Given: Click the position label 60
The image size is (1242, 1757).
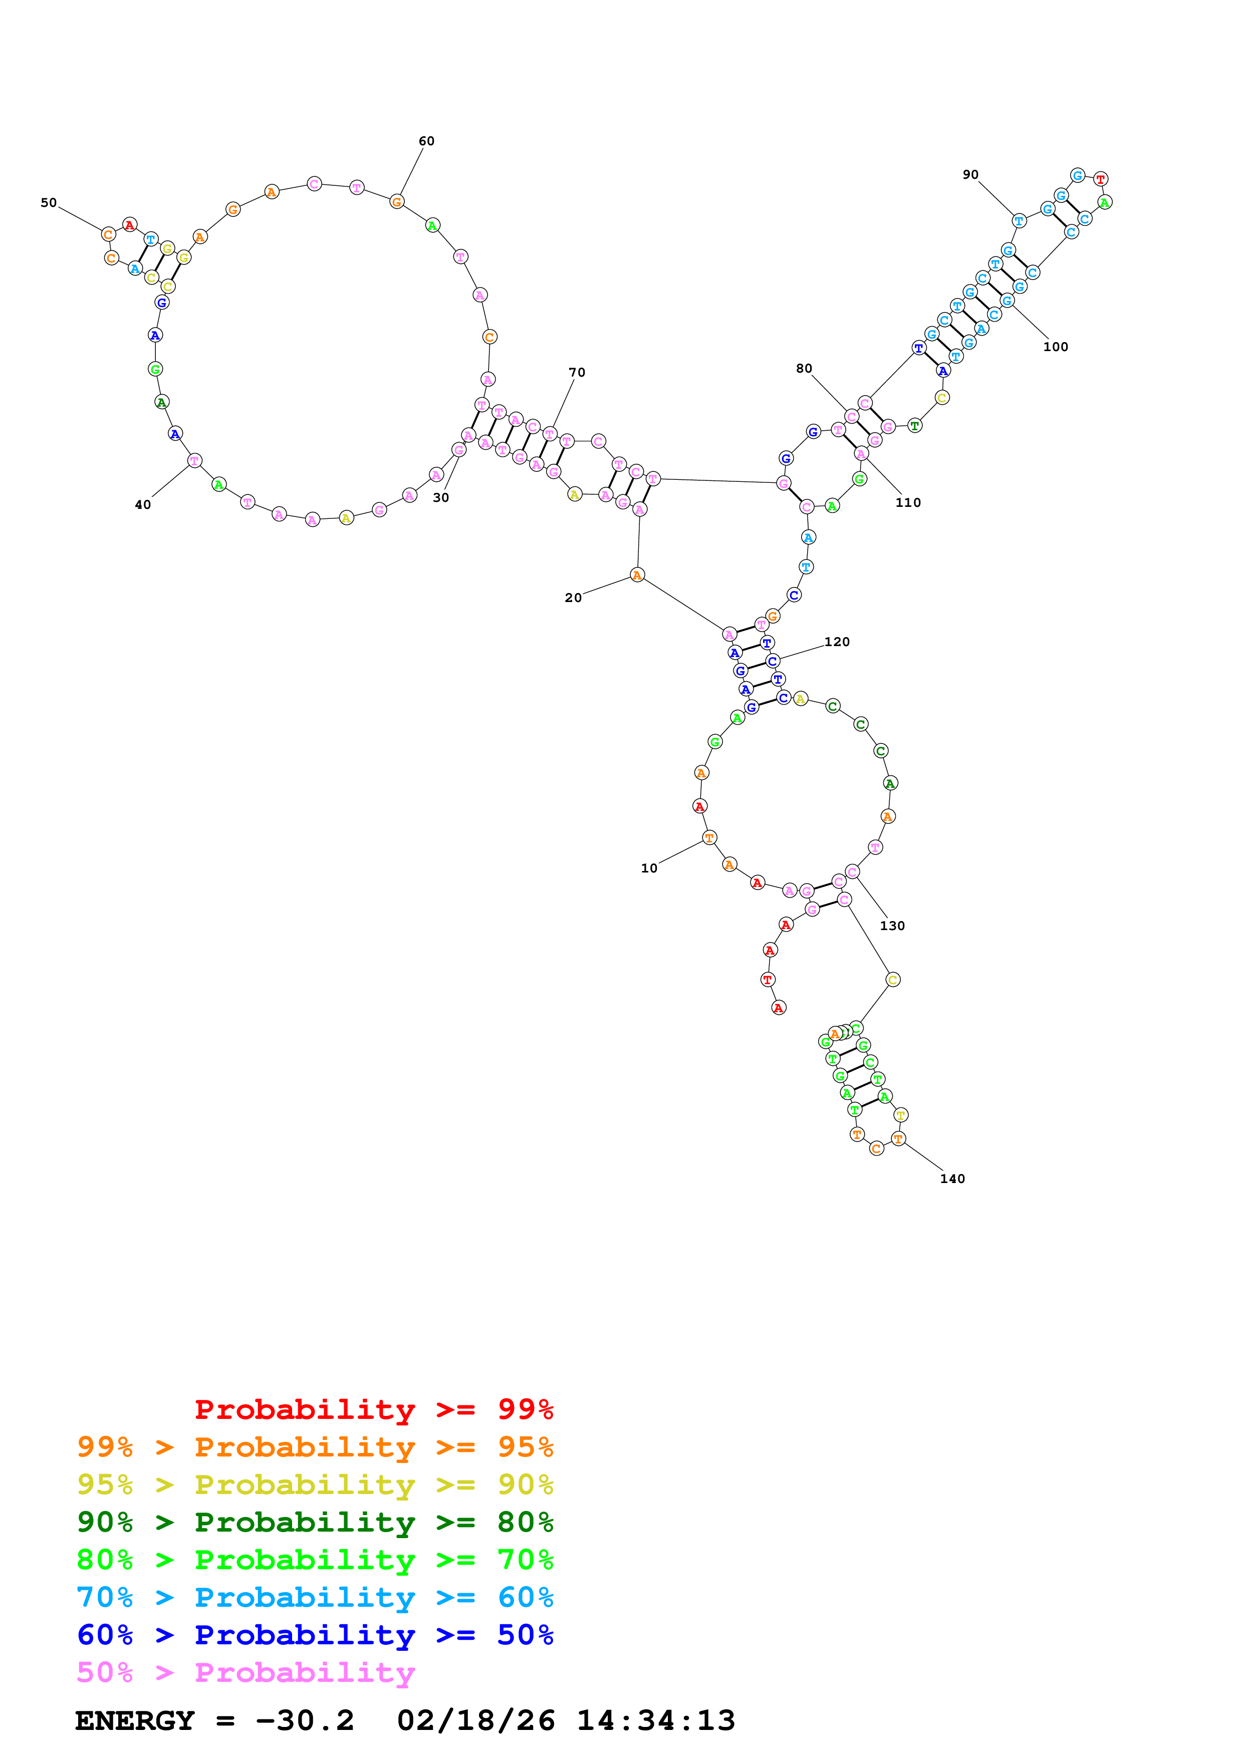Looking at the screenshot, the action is [426, 141].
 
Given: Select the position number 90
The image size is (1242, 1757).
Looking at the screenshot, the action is [970, 174].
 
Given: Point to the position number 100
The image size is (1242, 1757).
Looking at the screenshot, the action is [1055, 347].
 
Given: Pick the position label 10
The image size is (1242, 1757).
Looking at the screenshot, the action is [649, 868].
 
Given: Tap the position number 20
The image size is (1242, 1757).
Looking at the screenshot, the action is [573, 598].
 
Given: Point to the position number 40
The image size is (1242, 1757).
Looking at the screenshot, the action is [143, 504].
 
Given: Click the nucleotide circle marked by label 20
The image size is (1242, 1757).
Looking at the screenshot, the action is [637, 574].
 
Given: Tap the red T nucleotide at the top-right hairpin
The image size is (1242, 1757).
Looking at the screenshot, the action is [1100, 179].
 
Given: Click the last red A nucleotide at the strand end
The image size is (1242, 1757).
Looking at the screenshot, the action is [778, 1008].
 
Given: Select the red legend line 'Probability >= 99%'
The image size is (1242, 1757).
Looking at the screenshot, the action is [373, 1409].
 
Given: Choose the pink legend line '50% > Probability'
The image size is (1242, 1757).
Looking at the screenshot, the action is [245, 1672].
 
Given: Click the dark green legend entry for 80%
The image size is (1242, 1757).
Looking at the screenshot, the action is [315, 1521].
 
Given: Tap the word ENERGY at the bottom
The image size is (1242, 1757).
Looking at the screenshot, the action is [135, 1720].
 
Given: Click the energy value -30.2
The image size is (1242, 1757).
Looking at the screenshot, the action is [305, 1720].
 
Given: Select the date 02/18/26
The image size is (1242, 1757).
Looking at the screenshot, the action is [475, 1720].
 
